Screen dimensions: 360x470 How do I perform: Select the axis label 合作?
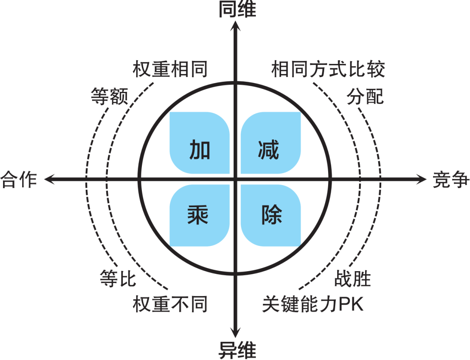pos(19,179)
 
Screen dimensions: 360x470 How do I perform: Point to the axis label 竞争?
pos(451,179)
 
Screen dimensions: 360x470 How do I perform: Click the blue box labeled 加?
pos(199,143)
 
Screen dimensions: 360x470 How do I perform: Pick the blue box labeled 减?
pos(270,143)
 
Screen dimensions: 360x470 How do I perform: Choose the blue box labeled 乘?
pos(199,215)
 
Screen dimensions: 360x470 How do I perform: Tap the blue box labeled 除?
pos(270,215)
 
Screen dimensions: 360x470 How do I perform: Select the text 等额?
pos(109,96)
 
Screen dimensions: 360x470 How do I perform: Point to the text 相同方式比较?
pos(328,69)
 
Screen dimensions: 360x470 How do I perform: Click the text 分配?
pos(366,96)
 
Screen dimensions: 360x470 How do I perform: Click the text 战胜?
pos(352,278)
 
